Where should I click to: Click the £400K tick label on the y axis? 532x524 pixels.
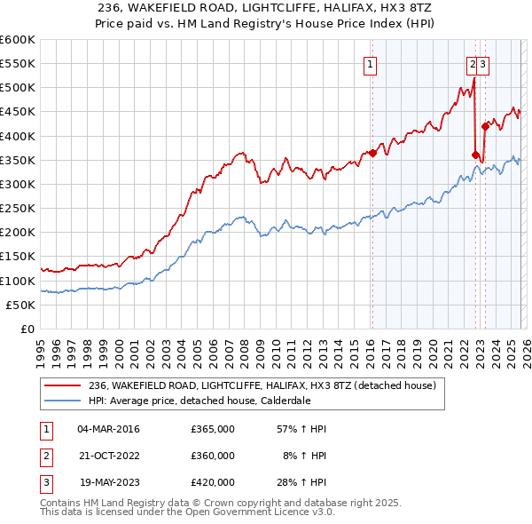pos(18,136)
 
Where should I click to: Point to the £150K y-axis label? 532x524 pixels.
pos(18,257)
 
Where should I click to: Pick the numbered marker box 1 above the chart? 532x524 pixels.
pos(369,63)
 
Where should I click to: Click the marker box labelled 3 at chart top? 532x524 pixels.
pos(485,63)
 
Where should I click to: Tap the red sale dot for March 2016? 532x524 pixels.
pos(372,153)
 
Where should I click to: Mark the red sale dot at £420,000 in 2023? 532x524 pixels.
pos(485,126)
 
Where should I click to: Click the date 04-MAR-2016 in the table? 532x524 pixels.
pos(109,429)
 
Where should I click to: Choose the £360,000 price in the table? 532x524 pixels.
pos(213,456)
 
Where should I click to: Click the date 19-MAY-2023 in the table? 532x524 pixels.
pos(109,482)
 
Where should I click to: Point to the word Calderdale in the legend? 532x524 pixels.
pos(286,401)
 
